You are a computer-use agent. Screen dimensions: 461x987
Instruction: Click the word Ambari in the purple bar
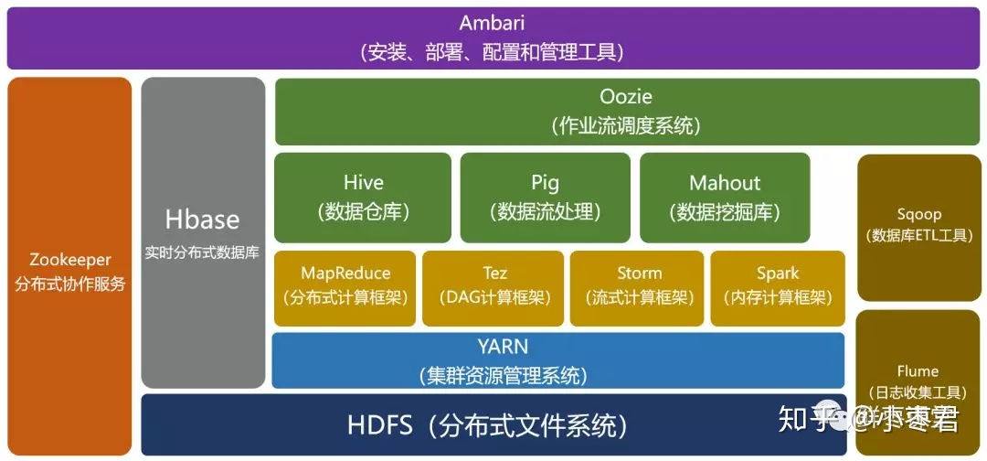pyautogui.click(x=492, y=24)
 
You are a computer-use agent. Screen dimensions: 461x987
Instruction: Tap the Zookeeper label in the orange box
pyautogui.click(x=70, y=260)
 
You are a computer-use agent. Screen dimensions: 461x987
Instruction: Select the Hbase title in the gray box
pyautogui.click(x=202, y=220)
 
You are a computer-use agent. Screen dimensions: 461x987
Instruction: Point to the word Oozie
pyautogui.click(x=626, y=96)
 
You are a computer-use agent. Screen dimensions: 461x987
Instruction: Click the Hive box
pyautogui.click(x=363, y=197)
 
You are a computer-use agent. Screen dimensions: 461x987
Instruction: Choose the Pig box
pyautogui.click(x=545, y=197)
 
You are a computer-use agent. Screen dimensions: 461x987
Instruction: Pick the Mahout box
pyautogui.click(x=725, y=197)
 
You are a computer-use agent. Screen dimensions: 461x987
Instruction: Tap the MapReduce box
pyautogui.click(x=345, y=286)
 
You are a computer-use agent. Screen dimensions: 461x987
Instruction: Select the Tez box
pyautogui.click(x=494, y=286)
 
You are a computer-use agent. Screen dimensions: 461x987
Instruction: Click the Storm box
pyautogui.click(x=639, y=286)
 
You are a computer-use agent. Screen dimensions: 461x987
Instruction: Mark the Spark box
pyautogui.click(x=778, y=286)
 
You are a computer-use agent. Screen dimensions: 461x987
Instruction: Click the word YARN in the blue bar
pyautogui.click(x=502, y=348)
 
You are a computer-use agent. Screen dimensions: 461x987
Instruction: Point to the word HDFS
pyautogui.click(x=380, y=425)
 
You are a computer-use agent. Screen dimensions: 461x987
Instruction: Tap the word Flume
pyautogui.click(x=918, y=370)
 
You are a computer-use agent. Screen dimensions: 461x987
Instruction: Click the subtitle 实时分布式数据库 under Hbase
pyautogui.click(x=202, y=252)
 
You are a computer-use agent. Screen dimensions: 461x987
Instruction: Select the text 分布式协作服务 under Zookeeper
pyautogui.click(x=70, y=284)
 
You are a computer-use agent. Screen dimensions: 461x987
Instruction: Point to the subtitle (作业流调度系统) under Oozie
pyautogui.click(x=626, y=125)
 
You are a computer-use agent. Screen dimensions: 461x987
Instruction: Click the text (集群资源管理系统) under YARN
pyautogui.click(x=503, y=375)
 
